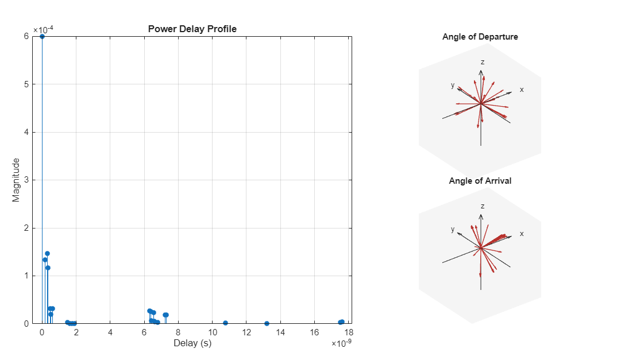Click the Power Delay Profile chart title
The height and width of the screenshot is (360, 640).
click(x=192, y=29)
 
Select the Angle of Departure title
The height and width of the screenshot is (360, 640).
click(x=480, y=37)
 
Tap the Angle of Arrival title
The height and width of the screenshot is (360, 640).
click(x=480, y=181)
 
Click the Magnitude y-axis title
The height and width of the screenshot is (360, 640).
click(x=16, y=180)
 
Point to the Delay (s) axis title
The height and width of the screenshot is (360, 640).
click(x=192, y=343)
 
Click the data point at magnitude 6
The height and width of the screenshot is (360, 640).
click(x=42, y=36)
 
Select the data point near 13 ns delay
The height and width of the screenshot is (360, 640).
click(x=267, y=323)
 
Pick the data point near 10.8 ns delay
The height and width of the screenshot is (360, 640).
click(x=225, y=323)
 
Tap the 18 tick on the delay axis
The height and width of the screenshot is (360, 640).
click(x=348, y=332)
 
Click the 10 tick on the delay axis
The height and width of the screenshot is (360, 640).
click(x=212, y=332)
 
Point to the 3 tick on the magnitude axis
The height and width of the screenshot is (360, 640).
click(x=27, y=180)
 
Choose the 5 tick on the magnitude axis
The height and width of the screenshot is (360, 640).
click(x=27, y=84)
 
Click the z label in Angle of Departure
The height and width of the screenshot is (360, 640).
click(x=483, y=61)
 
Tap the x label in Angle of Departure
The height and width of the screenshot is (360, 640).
click(x=522, y=90)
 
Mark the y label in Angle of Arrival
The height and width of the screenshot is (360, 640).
click(x=453, y=229)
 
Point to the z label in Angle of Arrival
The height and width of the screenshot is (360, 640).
click(x=483, y=206)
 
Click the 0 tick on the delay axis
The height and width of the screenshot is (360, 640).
click(x=42, y=332)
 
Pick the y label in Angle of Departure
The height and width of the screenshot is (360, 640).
click(x=453, y=85)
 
